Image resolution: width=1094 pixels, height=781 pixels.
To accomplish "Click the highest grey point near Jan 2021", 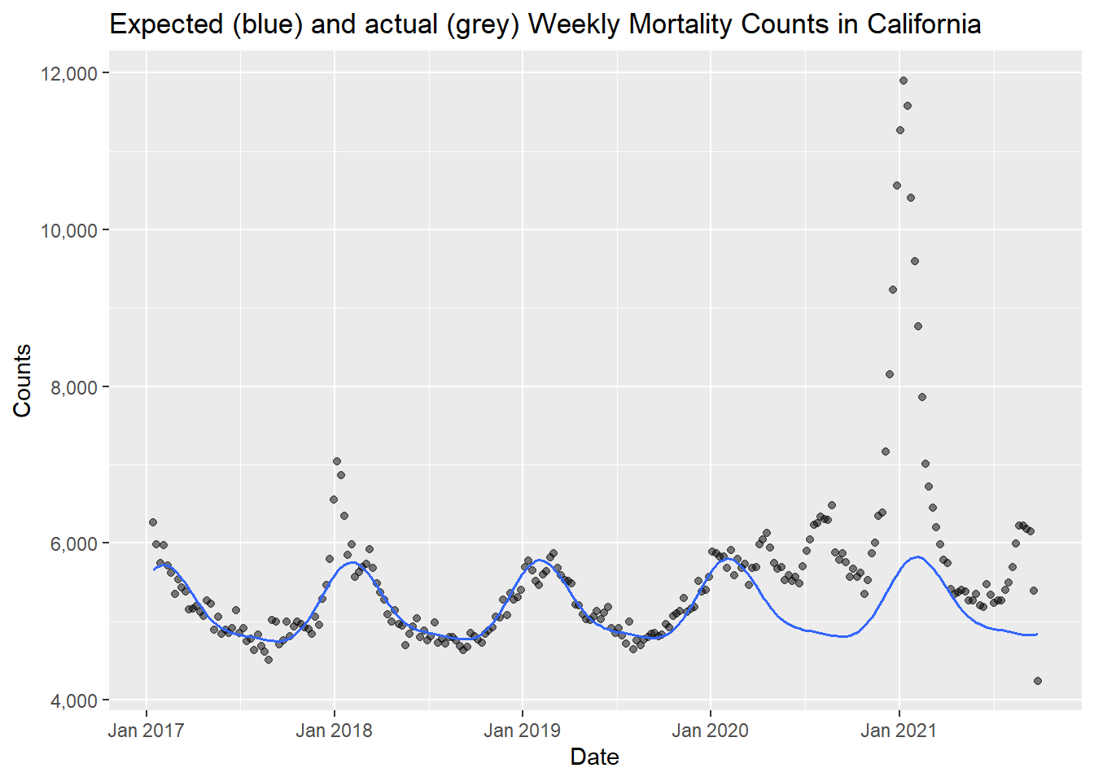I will (904, 81).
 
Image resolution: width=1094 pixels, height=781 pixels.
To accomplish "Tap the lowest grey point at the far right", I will (1038, 681).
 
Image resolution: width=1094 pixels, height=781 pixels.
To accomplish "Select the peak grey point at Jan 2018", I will (337, 461).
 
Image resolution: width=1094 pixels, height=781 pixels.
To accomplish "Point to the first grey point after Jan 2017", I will (152, 522).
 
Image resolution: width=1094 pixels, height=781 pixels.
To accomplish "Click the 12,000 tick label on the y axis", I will (68, 73).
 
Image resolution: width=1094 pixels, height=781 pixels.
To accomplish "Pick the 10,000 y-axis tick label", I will (68, 230).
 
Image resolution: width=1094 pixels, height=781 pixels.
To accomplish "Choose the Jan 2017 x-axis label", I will (146, 730).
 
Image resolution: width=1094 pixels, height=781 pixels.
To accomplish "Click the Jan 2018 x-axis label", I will (334, 730).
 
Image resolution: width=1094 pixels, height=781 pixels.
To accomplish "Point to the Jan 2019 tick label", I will (522, 730).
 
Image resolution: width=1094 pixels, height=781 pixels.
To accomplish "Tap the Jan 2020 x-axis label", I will (710, 730).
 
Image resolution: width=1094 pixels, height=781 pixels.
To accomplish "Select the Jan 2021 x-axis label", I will (899, 730).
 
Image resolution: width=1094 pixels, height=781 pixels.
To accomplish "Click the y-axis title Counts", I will (22, 381).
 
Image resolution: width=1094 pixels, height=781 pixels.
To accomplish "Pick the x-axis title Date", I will (594, 757).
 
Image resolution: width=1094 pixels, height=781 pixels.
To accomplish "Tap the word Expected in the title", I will (166, 24).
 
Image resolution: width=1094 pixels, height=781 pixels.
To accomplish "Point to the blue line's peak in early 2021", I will (918, 556).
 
